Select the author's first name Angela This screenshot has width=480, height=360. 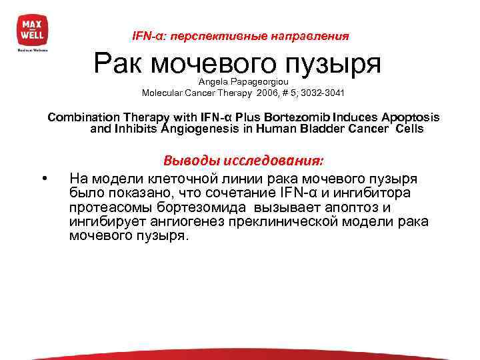(x=213, y=81)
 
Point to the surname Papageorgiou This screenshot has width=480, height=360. (x=259, y=81)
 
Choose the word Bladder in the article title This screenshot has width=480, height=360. (x=323, y=129)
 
